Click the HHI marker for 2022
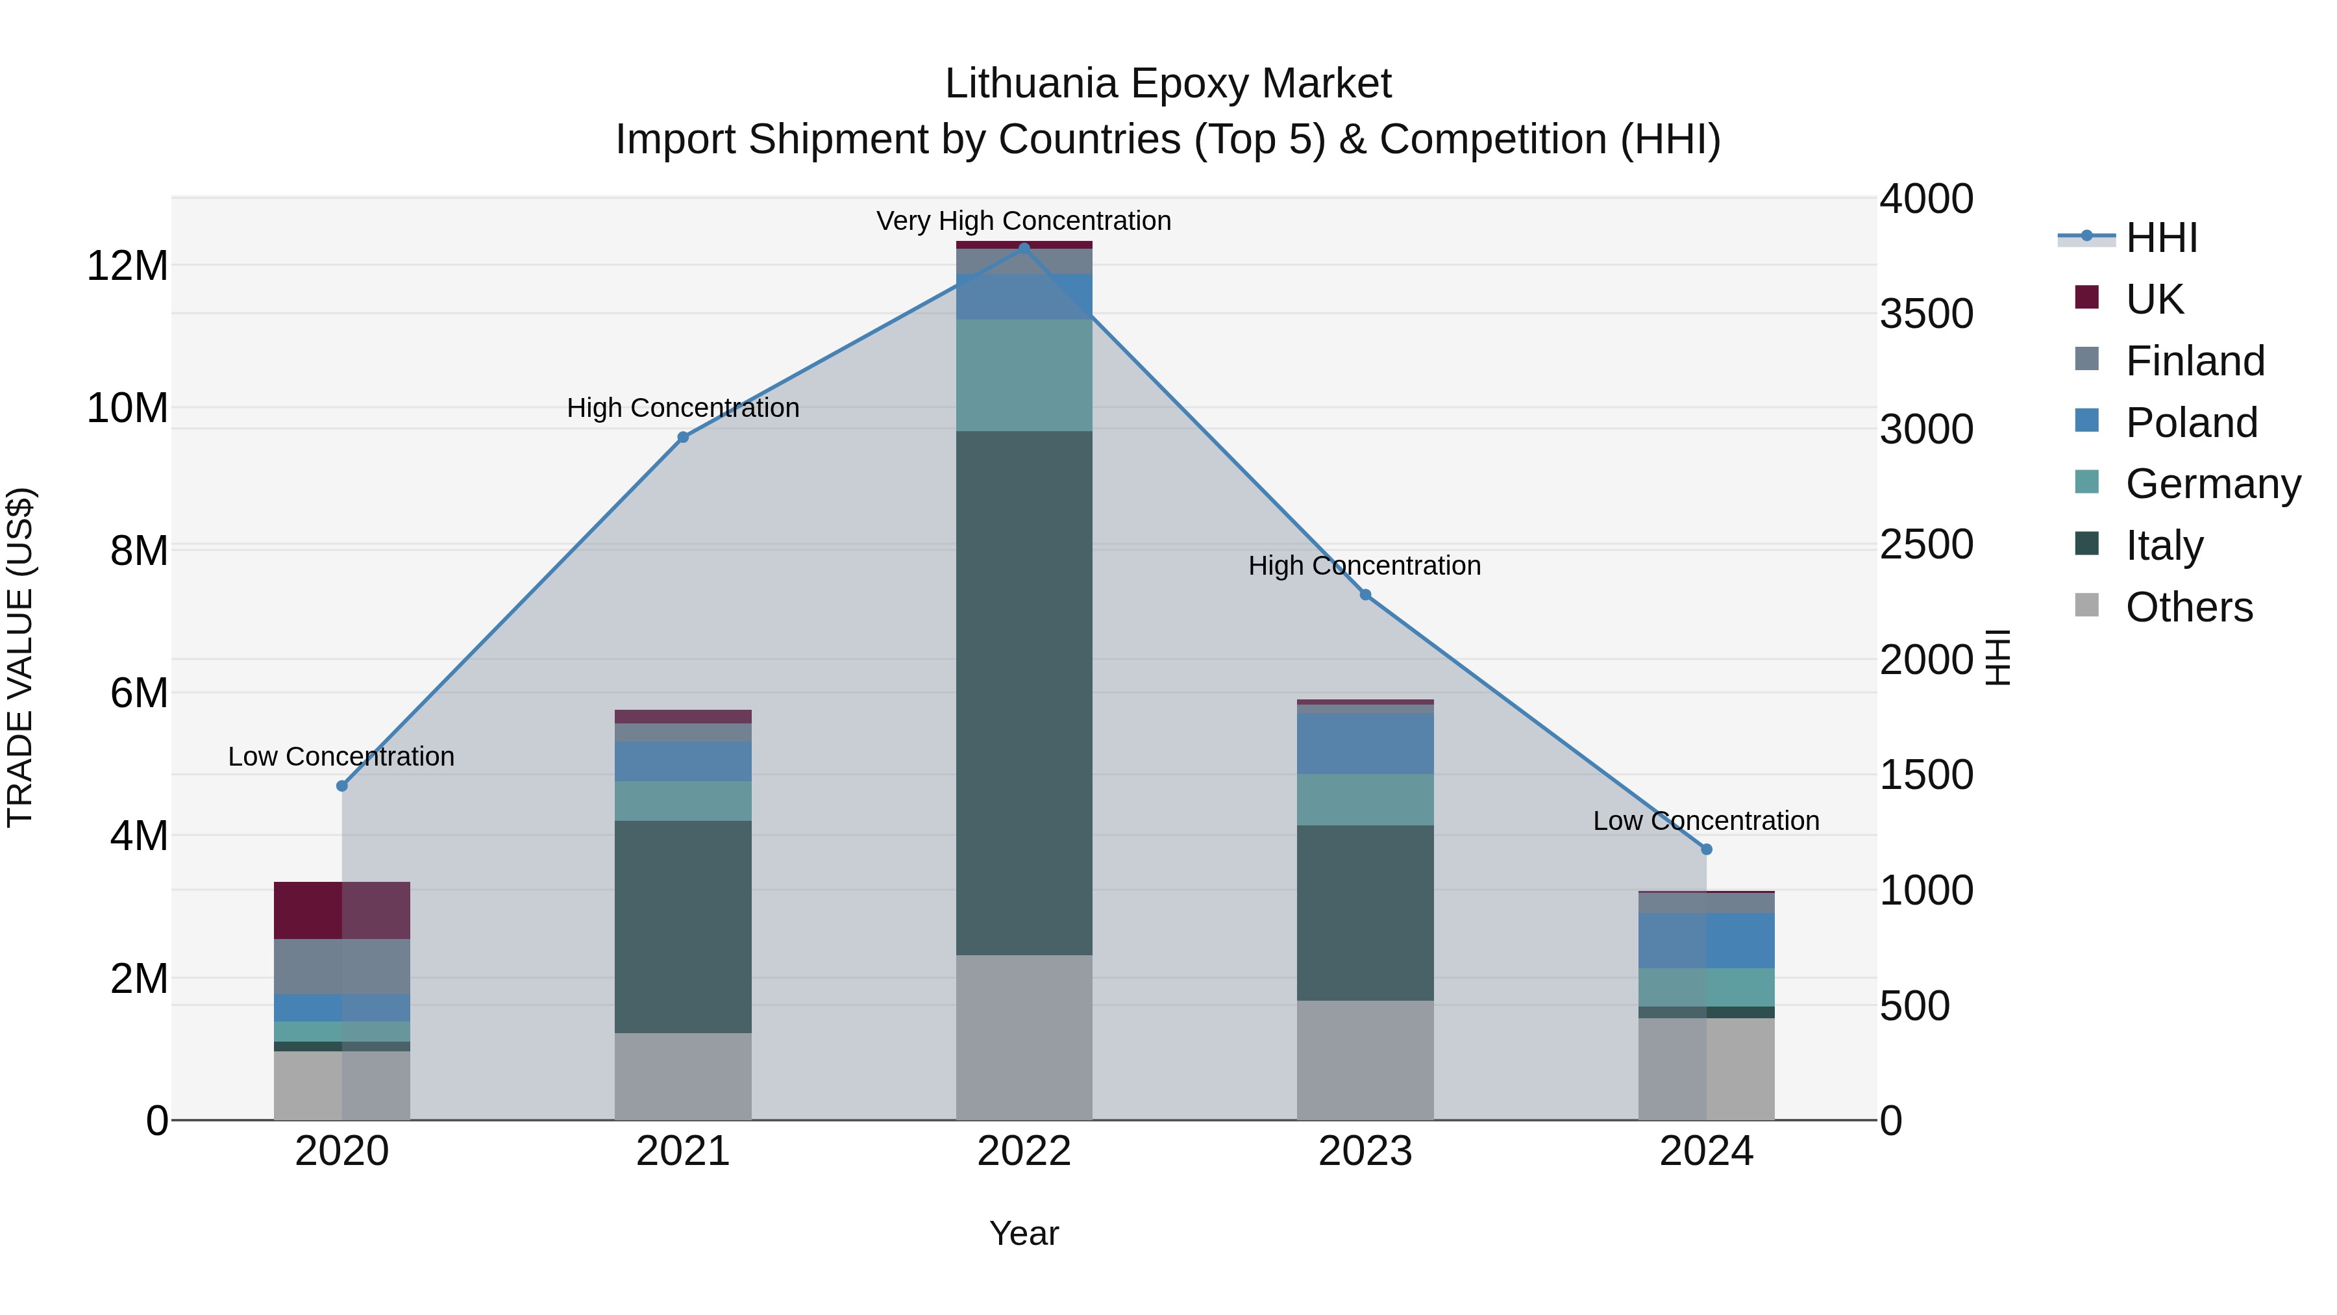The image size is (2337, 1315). point(1024,248)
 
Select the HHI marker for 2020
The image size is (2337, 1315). point(342,786)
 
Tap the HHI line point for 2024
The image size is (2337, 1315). point(1707,849)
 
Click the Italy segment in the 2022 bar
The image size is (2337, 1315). point(1024,692)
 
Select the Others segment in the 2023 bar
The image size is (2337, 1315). point(1365,1060)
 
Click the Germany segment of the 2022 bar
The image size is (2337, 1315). point(1024,375)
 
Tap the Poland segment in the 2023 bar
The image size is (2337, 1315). point(1365,744)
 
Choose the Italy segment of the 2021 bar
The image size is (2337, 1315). point(683,927)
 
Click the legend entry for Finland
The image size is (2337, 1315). point(2195,361)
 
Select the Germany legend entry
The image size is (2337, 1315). point(2213,484)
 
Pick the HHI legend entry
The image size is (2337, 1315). point(2161,238)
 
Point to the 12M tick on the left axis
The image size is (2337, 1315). point(127,266)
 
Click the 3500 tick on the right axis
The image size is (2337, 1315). point(1926,314)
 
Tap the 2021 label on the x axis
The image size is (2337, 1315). point(683,1151)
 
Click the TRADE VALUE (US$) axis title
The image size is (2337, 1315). point(21,657)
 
